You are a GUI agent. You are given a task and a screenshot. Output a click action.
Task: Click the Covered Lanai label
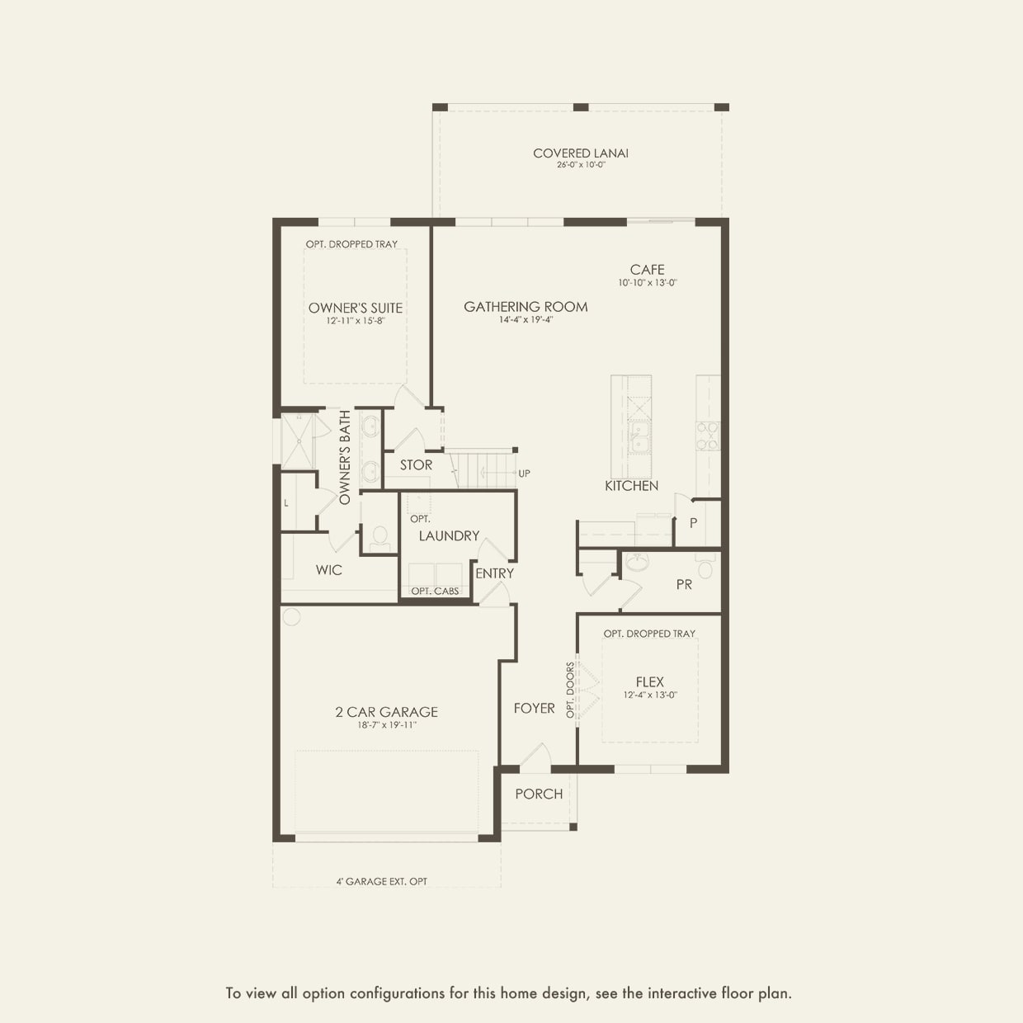pos(580,153)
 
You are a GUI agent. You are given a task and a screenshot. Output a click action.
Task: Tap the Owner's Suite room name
pos(356,308)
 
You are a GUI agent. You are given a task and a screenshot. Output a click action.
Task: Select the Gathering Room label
pos(526,306)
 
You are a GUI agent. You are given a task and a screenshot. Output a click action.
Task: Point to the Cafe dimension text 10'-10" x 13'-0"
pos(648,283)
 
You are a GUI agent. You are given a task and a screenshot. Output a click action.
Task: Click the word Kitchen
pos(631,486)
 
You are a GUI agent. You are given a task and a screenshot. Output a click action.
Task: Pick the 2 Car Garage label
pos(386,712)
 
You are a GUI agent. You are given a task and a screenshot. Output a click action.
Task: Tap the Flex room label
pos(649,681)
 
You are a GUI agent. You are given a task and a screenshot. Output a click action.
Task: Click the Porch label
pos(539,794)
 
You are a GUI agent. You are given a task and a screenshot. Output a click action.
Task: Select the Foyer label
pos(534,708)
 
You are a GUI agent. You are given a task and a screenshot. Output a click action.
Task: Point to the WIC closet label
pos(328,570)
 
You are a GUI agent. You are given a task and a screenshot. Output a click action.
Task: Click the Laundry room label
pos(449,535)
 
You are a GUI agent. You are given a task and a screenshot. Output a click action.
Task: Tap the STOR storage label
pos(416,465)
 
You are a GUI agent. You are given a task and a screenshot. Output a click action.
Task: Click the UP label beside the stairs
pos(524,474)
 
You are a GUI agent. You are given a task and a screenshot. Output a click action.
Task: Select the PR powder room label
pos(684,584)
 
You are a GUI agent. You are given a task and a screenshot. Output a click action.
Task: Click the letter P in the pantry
pos(693,523)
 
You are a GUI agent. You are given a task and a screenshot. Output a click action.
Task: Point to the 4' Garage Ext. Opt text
pos(381,881)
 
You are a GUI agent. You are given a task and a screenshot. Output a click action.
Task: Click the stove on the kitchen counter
pos(708,435)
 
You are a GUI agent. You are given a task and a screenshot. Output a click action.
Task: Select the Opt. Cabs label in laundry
pos(435,591)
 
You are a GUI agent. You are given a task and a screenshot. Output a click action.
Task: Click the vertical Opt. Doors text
pos(570,690)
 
